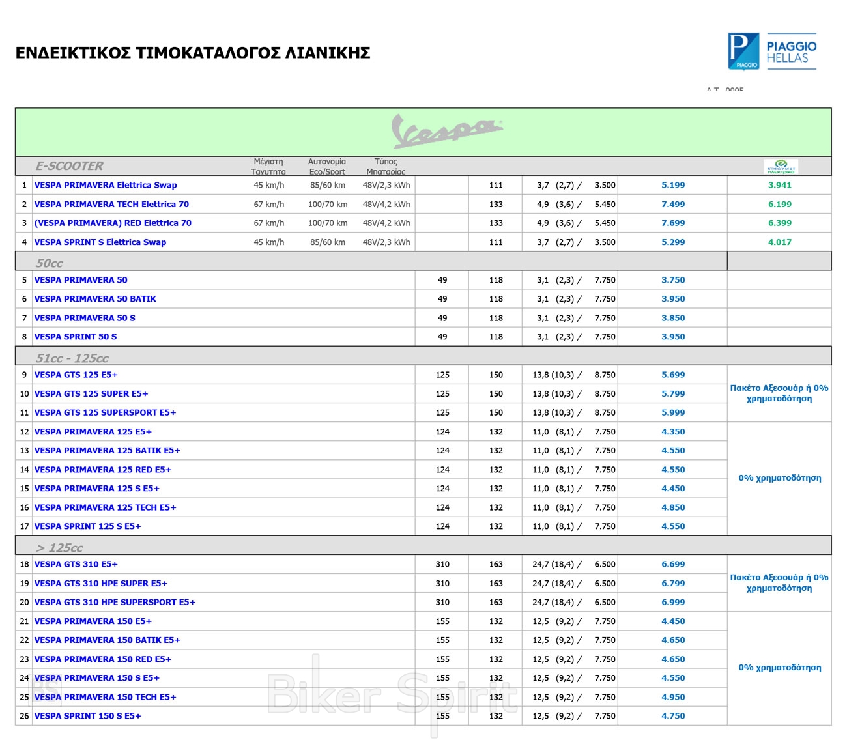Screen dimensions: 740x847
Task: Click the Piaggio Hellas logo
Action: point(772,51)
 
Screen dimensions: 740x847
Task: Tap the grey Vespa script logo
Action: point(447,130)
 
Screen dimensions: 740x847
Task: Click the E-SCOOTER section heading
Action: point(69,166)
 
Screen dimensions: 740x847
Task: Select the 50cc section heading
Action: point(50,263)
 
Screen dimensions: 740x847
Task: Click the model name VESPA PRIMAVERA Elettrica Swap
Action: point(106,185)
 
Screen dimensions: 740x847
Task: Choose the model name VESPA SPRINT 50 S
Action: point(76,337)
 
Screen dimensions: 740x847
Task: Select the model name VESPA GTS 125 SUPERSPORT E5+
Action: point(105,412)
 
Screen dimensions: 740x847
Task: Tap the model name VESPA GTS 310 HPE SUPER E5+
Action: point(101,584)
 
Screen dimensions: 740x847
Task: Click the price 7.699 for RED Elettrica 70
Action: point(673,223)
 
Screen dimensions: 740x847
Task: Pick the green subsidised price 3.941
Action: point(779,185)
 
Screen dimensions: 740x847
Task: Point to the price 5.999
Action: point(673,412)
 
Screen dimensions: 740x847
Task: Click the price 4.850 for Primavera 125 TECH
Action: point(673,507)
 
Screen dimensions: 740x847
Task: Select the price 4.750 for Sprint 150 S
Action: point(673,716)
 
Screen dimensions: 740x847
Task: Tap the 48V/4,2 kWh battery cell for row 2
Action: point(386,204)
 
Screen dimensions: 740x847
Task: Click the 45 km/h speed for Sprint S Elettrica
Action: point(269,242)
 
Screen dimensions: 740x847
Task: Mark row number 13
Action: point(24,451)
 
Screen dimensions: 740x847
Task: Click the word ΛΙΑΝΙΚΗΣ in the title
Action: point(328,53)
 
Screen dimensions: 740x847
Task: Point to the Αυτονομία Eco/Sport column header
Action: point(327,166)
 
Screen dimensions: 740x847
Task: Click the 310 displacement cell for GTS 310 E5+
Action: point(442,565)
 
